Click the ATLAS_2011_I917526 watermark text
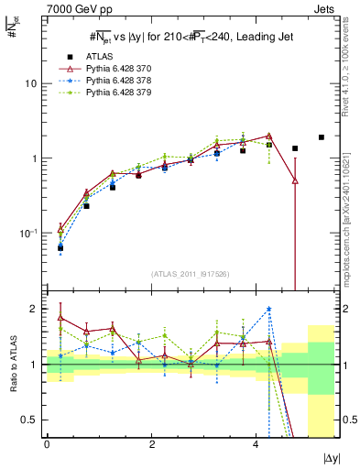pos(191,274)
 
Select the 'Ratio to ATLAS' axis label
pos(12,363)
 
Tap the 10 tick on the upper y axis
pos(30,83)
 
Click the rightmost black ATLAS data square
pos(321,137)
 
